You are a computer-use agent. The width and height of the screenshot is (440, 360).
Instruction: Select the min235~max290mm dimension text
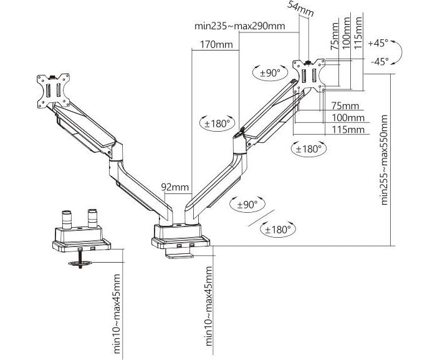tap(240, 26)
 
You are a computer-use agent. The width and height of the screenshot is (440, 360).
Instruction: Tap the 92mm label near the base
tap(175, 187)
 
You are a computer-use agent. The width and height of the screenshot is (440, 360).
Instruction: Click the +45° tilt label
tap(378, 43)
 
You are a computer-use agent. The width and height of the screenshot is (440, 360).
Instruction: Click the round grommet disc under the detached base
tap(81, 264)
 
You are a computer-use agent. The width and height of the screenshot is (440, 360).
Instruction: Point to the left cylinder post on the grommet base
tap(67, 220)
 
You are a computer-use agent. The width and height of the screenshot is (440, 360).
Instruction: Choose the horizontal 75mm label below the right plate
tap(345, 105)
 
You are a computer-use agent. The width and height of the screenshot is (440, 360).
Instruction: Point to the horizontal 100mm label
tap(348, 118)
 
